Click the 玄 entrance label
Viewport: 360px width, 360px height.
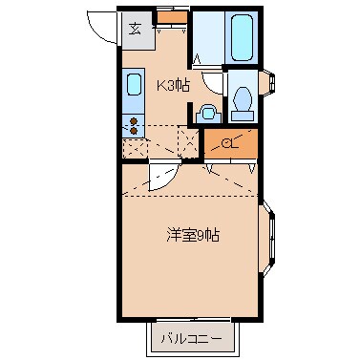pyautogui.click(x=136, y=28)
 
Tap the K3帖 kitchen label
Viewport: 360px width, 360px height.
pyautogui.click(x=174, y=85)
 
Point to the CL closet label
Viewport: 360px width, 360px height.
pyautogui.click(x=229, y=144)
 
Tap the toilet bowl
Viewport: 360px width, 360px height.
pyautogui.click(x=243, y=98)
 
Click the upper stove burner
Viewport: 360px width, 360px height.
pyautogui.click(x=134, y=120)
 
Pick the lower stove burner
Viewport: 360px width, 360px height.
pyautogui.click(x=134, y=130)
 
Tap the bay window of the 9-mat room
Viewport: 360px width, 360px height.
pyautogui.click(x=270, y=235)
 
